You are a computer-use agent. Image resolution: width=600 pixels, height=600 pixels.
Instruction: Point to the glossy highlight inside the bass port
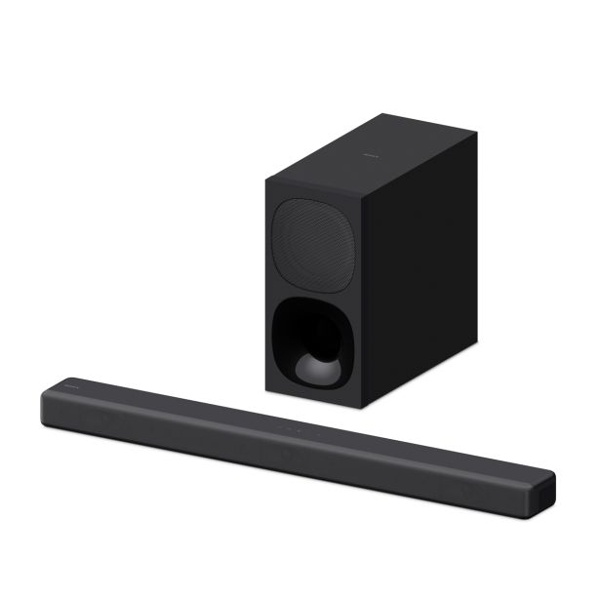click(x=318, y=369)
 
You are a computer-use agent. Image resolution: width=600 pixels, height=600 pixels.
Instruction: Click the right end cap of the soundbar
click(x=542, y=490)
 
